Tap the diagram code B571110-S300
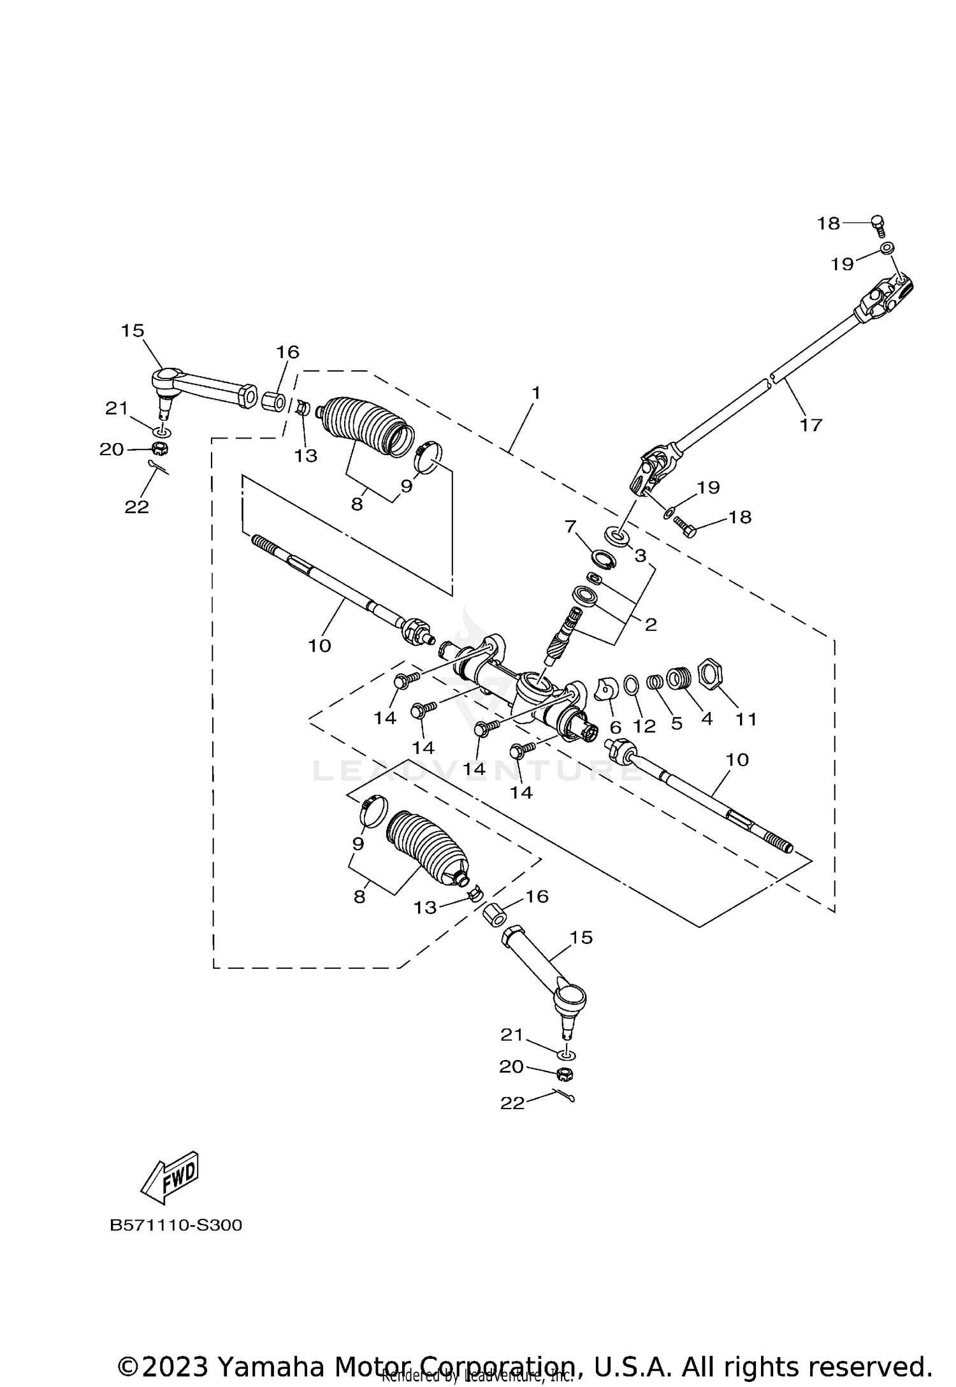pyautogui.click(x=176, y=1225)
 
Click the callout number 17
pyautogui.click(x=811, y=425)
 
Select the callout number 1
pyautogui.click(x=536, y=393)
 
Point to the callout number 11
pyautogui.click(x=746, y=719)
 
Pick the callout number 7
pyautogui.click(x=570, y=526)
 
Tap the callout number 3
pyautogui.click(x=640, y=555)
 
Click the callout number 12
pyautogui.click(x=644, y=725)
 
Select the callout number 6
pyautogui.click(x=615, y=727)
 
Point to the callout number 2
pyautogui.click(x=650, y=624)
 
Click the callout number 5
pyautogui.click(x=676, y=723)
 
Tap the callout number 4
pyautogui.click(x=707, y=719)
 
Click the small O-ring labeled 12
pyautogui.click(x=630, y=685)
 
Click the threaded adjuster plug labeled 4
pyautogui.click(x=679, y=678)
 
